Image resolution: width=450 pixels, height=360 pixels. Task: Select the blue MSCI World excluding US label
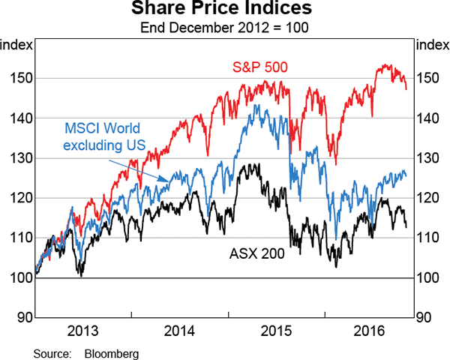(106, 137)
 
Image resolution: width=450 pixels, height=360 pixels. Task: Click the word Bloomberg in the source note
(112, 352)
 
